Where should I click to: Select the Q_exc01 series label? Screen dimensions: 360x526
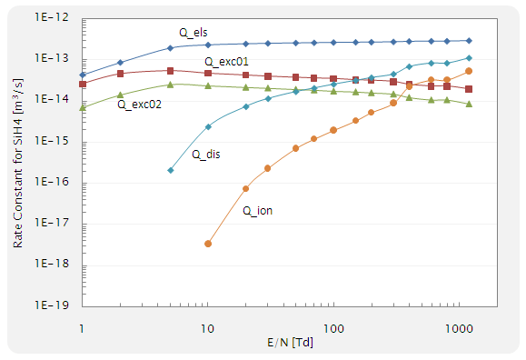227,61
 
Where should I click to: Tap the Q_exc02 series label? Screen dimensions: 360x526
140,105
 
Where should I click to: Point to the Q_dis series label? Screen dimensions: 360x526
206,155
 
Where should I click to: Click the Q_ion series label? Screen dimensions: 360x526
257,211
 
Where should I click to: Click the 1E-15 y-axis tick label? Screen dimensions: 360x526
57,142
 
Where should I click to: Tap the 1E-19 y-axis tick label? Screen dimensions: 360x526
57,306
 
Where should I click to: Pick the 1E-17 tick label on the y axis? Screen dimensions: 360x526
57,225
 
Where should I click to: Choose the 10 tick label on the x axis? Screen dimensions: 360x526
207,325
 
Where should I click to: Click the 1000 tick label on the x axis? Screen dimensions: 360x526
459,325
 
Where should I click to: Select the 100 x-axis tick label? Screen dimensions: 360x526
333,325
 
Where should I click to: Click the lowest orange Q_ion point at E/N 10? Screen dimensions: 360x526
208,244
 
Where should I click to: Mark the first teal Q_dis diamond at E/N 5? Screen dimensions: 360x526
171,170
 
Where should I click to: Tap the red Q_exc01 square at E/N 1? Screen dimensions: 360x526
83,84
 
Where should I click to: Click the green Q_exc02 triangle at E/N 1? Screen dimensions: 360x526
83,107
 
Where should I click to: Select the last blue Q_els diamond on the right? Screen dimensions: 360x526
469,40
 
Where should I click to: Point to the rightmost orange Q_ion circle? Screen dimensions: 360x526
469,71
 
